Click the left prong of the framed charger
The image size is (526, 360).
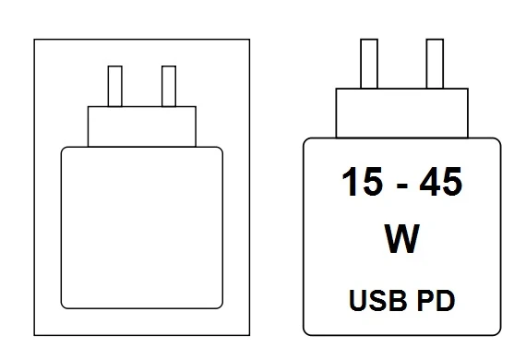(115, 86)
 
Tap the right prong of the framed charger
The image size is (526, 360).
(169, 86)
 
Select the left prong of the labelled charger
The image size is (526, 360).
(369, 64)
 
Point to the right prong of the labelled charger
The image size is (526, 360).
(435, 64)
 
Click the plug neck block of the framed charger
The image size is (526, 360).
(142, 126)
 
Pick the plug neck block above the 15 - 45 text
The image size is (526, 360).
(401, 113)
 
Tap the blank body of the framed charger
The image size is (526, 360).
(142, 227)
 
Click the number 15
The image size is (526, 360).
(362, 182)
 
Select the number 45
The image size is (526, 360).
(440, 182)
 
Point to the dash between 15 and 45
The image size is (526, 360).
(401, 186)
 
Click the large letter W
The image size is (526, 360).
(401, 238)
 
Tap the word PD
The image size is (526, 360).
(436, 300)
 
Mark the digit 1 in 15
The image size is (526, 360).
(349, 182)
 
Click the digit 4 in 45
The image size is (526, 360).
(429, 182)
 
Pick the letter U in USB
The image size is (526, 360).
(358, 300)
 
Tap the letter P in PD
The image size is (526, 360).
(425, 300)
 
